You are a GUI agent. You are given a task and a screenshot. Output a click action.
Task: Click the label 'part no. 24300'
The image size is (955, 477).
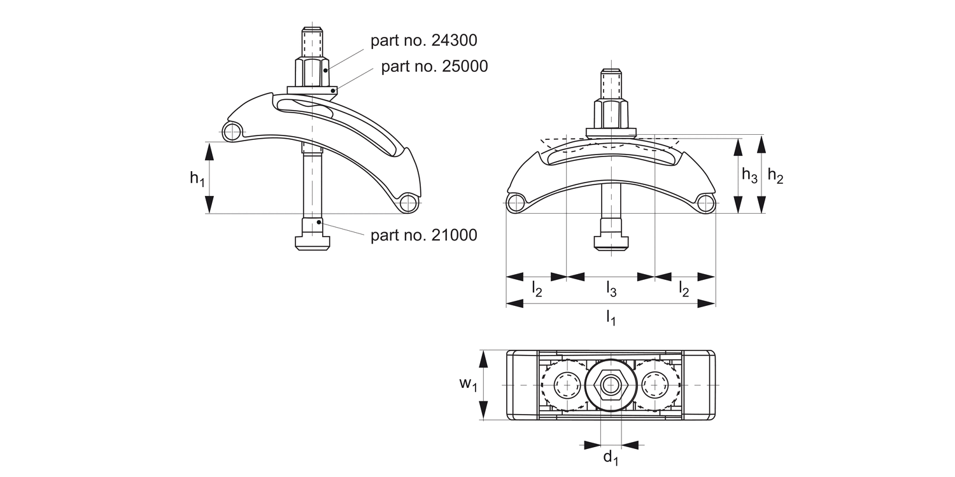coord(423,41)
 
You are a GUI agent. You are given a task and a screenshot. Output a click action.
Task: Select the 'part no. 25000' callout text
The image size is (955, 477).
coord(434,66)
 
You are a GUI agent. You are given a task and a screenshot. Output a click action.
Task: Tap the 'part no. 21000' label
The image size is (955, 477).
coord(423,235)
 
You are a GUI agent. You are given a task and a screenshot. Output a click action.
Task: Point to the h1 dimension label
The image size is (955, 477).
coord(197,179)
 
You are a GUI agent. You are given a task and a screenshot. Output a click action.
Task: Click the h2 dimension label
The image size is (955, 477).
coord(775,176)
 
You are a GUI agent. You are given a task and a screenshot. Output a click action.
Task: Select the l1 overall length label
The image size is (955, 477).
coord(611,316)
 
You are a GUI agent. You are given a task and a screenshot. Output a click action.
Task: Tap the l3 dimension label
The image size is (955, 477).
coord(611,290)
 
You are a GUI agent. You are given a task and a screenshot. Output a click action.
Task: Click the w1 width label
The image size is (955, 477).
coord(468,384)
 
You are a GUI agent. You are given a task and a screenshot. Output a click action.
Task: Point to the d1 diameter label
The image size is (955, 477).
coord(611,457)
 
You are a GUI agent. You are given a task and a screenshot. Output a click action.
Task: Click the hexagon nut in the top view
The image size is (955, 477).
coord(611,385)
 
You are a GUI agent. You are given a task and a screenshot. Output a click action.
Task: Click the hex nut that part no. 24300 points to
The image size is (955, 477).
coord(312,73)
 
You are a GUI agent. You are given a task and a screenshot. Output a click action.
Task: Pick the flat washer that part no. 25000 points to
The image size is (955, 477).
coord(312,91)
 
